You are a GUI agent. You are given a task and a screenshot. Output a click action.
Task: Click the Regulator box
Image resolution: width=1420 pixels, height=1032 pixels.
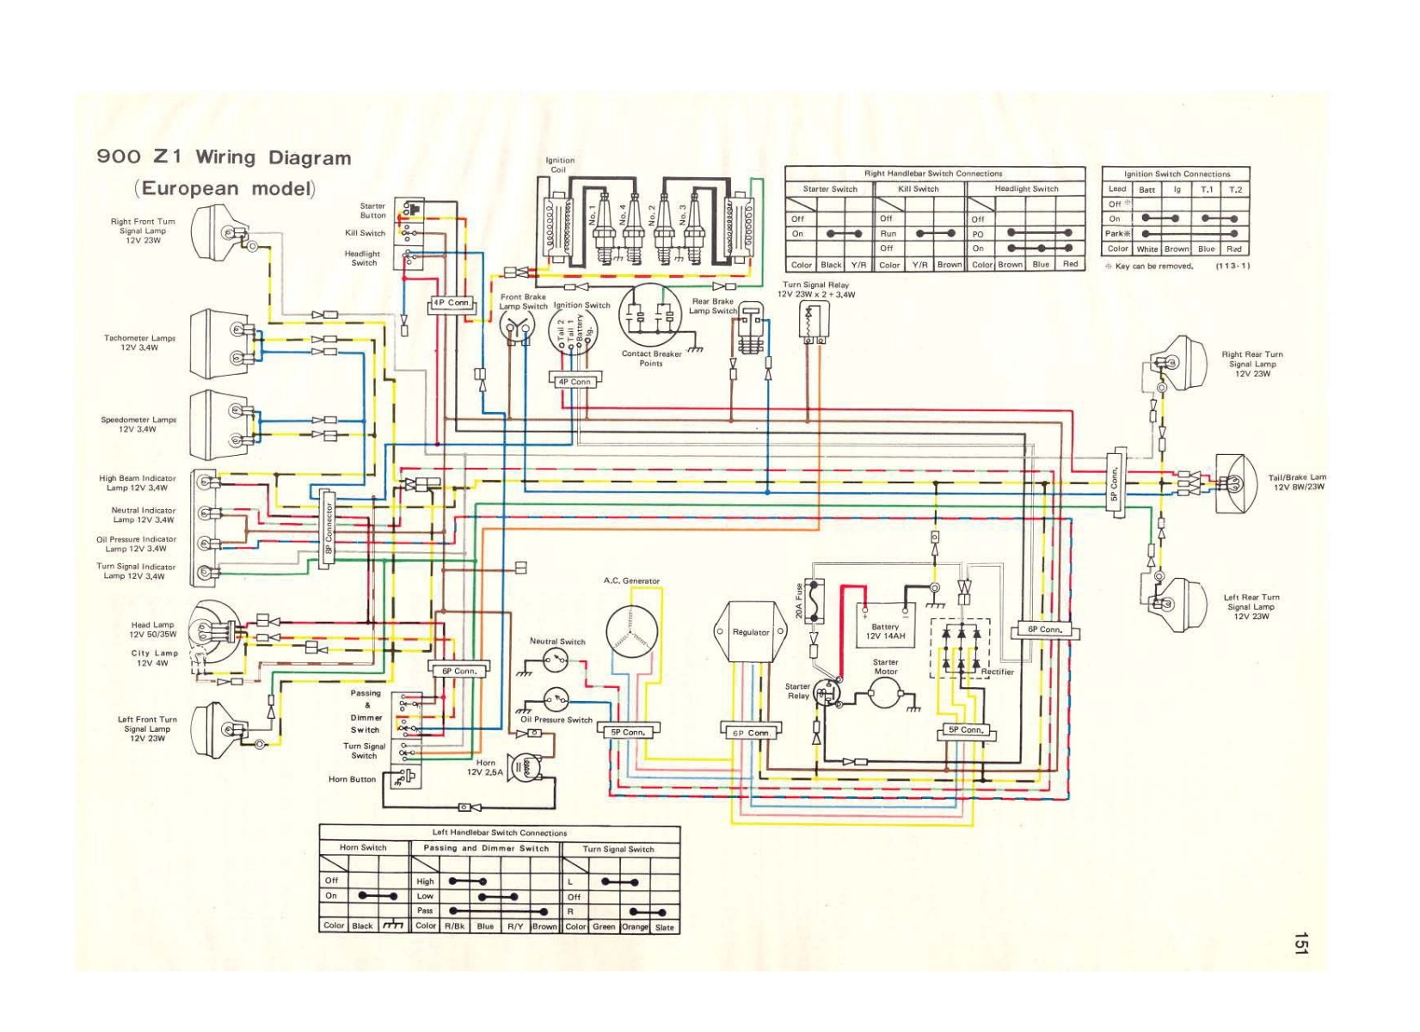[751, 632]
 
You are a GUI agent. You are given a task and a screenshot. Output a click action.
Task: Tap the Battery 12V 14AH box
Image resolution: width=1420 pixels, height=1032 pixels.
[884, 628]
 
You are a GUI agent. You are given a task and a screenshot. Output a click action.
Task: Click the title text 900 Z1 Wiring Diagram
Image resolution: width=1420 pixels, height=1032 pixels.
[224, 157]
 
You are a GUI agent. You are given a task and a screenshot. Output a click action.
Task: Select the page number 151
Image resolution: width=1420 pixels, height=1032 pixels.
[1300, 943]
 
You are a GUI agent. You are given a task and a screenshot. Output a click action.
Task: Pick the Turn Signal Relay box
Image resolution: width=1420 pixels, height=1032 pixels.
[813, 320]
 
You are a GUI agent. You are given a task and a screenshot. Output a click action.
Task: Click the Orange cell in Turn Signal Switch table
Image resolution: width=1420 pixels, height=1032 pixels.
[635, 927]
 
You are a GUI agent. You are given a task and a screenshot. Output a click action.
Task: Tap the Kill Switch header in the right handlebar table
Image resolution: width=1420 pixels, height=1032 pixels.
[919, 189]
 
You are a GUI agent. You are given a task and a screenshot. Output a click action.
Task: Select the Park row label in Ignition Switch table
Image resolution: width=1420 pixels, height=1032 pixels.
[1116, 234]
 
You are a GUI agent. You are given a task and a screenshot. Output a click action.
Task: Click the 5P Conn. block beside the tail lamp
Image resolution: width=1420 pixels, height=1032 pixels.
[1116, 483]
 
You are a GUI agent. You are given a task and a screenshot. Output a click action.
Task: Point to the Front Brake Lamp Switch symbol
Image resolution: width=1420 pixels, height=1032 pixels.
[517, 327]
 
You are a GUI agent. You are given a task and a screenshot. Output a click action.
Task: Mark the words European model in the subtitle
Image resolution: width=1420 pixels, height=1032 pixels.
[225, 188]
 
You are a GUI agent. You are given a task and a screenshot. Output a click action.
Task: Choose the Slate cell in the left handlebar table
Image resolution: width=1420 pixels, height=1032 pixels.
[665, 927]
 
